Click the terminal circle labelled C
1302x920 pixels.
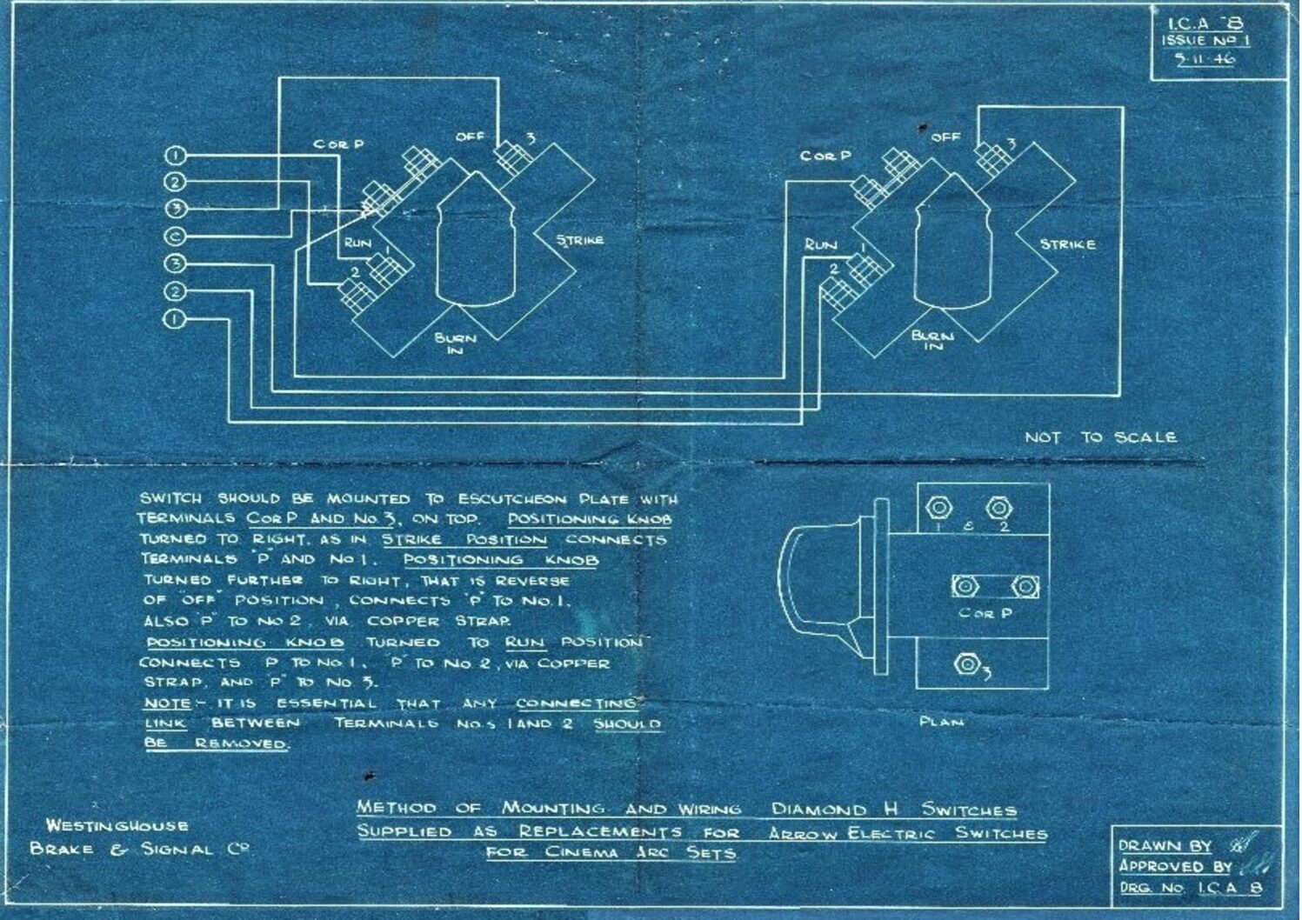[175, 237]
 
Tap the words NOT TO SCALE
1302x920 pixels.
[1099, 437]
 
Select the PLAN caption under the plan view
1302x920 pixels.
[942, 722]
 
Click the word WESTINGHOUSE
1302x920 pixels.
[117, 826]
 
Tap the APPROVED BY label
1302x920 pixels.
[1175, 866]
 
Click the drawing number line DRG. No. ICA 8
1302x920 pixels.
[1190, 888]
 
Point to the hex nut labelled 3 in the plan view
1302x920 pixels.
[965, 664]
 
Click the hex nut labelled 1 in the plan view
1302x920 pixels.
[938, 507]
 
